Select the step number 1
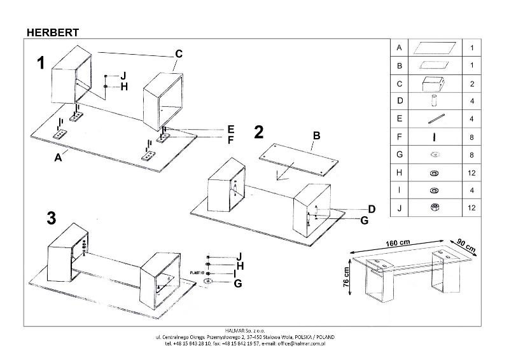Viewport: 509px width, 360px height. (x=41, y=63)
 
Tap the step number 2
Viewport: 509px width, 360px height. (x=259, y=132)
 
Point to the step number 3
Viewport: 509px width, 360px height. (x=52, y=218)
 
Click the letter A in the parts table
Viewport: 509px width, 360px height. (x=399, y=48)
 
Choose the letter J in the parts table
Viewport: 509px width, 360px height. (x=399, y=208)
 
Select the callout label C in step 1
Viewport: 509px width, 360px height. (x=179, y=54)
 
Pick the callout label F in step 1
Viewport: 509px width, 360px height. (x=231, y=138)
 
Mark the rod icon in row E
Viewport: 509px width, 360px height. (x=435, y=119)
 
